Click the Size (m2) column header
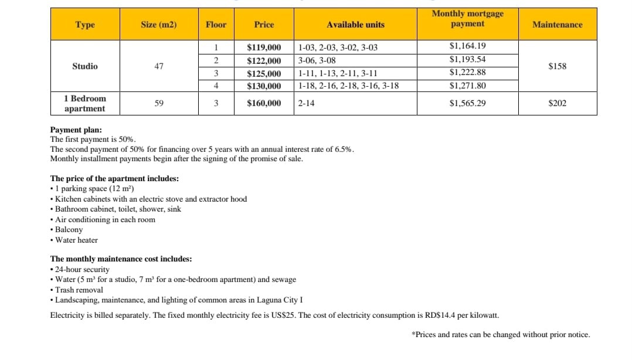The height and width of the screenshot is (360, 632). [158, 25]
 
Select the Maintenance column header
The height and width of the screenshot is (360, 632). [557, 25]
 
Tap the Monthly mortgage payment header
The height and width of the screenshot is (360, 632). [467, 19]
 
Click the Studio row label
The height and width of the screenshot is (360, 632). [85, 66]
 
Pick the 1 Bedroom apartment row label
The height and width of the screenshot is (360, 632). [85, 103]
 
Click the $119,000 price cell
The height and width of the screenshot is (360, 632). [264, 47]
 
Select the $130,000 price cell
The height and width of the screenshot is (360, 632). [264, 86]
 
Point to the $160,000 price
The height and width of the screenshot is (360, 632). [264, 103]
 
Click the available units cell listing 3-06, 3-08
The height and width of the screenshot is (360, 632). [317, 60]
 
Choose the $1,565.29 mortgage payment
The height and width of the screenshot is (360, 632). [467, 103]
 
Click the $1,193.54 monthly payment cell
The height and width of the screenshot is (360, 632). [467, 59]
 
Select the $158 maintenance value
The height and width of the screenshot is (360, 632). [557, 66]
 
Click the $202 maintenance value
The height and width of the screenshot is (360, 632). [557, 103]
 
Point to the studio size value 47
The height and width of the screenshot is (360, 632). [159, 66]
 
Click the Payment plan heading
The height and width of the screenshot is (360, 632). [76, 130]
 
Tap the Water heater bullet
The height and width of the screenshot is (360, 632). [76, 240]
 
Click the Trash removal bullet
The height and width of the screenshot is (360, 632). [79, 290]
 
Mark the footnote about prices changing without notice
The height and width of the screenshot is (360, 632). [501, 335]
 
